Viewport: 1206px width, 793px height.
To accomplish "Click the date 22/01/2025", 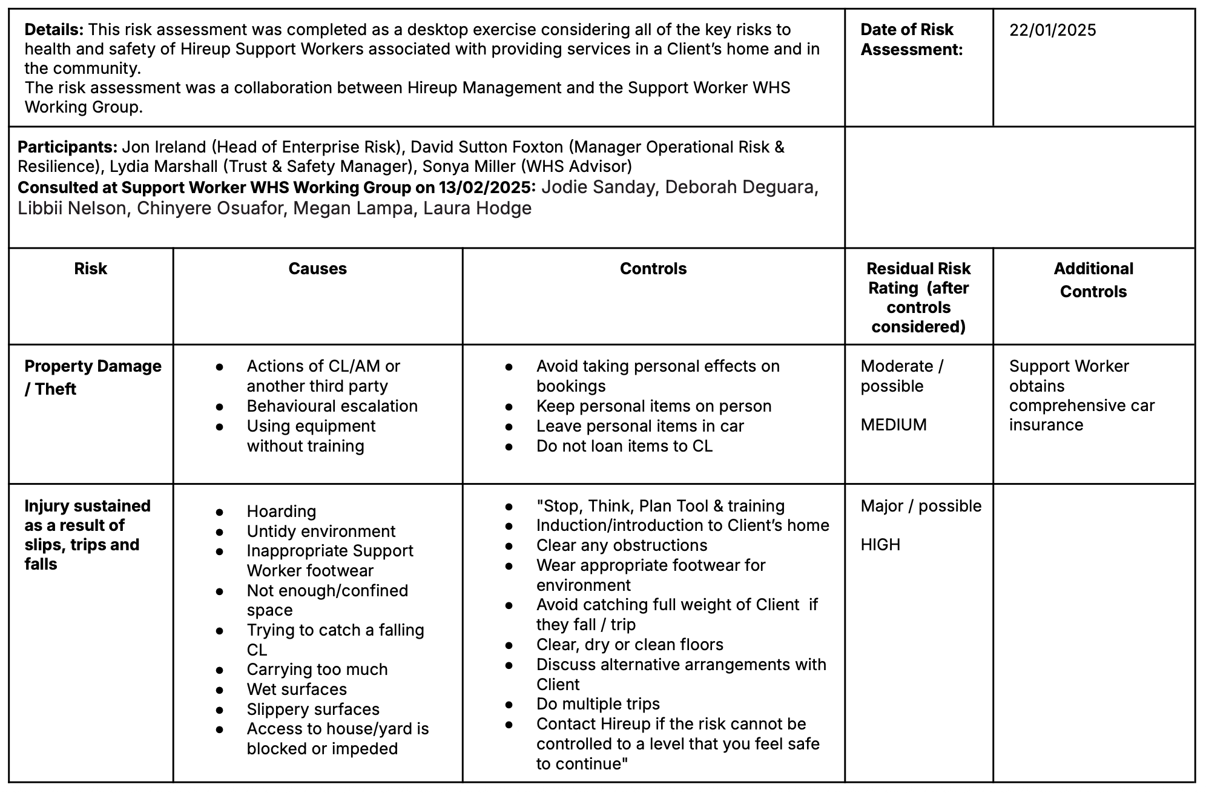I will point(1052,30).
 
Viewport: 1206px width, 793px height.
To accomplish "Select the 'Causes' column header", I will point(317,269).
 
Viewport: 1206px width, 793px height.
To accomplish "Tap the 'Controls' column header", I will point(653,269).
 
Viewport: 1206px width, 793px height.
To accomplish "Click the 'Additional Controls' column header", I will point(1093,280).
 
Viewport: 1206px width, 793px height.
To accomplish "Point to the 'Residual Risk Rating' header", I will point(918,297).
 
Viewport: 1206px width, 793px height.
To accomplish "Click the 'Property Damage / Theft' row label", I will point(93,377).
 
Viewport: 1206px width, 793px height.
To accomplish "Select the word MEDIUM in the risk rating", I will point(893,425).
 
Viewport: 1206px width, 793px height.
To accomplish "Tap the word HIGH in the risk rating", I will point(880,545).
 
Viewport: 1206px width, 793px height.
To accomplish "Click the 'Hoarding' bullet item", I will point(281,512).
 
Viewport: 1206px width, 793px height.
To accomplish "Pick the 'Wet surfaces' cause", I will point(297,689).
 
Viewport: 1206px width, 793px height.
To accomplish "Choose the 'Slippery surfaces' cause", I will point(313,709).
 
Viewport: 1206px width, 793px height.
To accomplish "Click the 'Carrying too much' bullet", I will point(317,670).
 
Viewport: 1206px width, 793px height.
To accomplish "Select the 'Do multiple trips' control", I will point(598,704).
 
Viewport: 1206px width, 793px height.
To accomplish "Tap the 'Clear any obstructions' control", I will point(621,545).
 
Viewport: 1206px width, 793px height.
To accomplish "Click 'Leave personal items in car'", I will point(640,426).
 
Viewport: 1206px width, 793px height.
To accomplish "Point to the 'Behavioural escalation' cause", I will point(332,406).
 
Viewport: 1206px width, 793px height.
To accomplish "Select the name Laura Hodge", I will point(477,208).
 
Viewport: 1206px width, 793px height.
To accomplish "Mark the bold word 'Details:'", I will point(54,30).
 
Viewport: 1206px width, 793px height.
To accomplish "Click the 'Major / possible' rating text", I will point(921,506).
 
